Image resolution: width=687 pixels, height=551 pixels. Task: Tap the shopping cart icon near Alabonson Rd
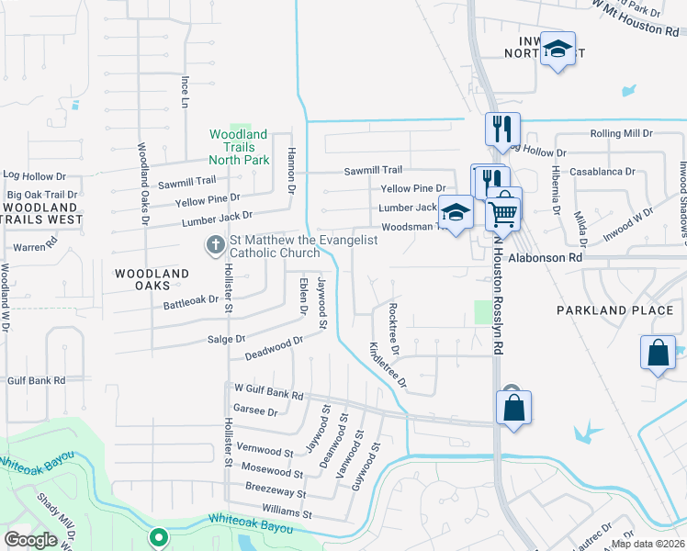pos(502,212)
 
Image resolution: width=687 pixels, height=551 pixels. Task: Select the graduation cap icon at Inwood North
pos(557,50)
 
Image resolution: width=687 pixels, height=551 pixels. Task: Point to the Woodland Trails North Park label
pos(239,147)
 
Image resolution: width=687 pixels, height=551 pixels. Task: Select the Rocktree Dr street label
pos(393,330)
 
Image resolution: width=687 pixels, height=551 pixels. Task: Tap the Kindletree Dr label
pos(387,365)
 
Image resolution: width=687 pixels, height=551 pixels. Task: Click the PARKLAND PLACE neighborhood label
pos(614,310)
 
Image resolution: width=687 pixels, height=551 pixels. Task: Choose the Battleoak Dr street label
pos(191,300)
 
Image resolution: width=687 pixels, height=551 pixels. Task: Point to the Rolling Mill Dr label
pos(621,133)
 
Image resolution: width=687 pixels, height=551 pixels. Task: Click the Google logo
pos(31,540)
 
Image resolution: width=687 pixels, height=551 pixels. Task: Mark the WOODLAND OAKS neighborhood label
pos(152,280)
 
